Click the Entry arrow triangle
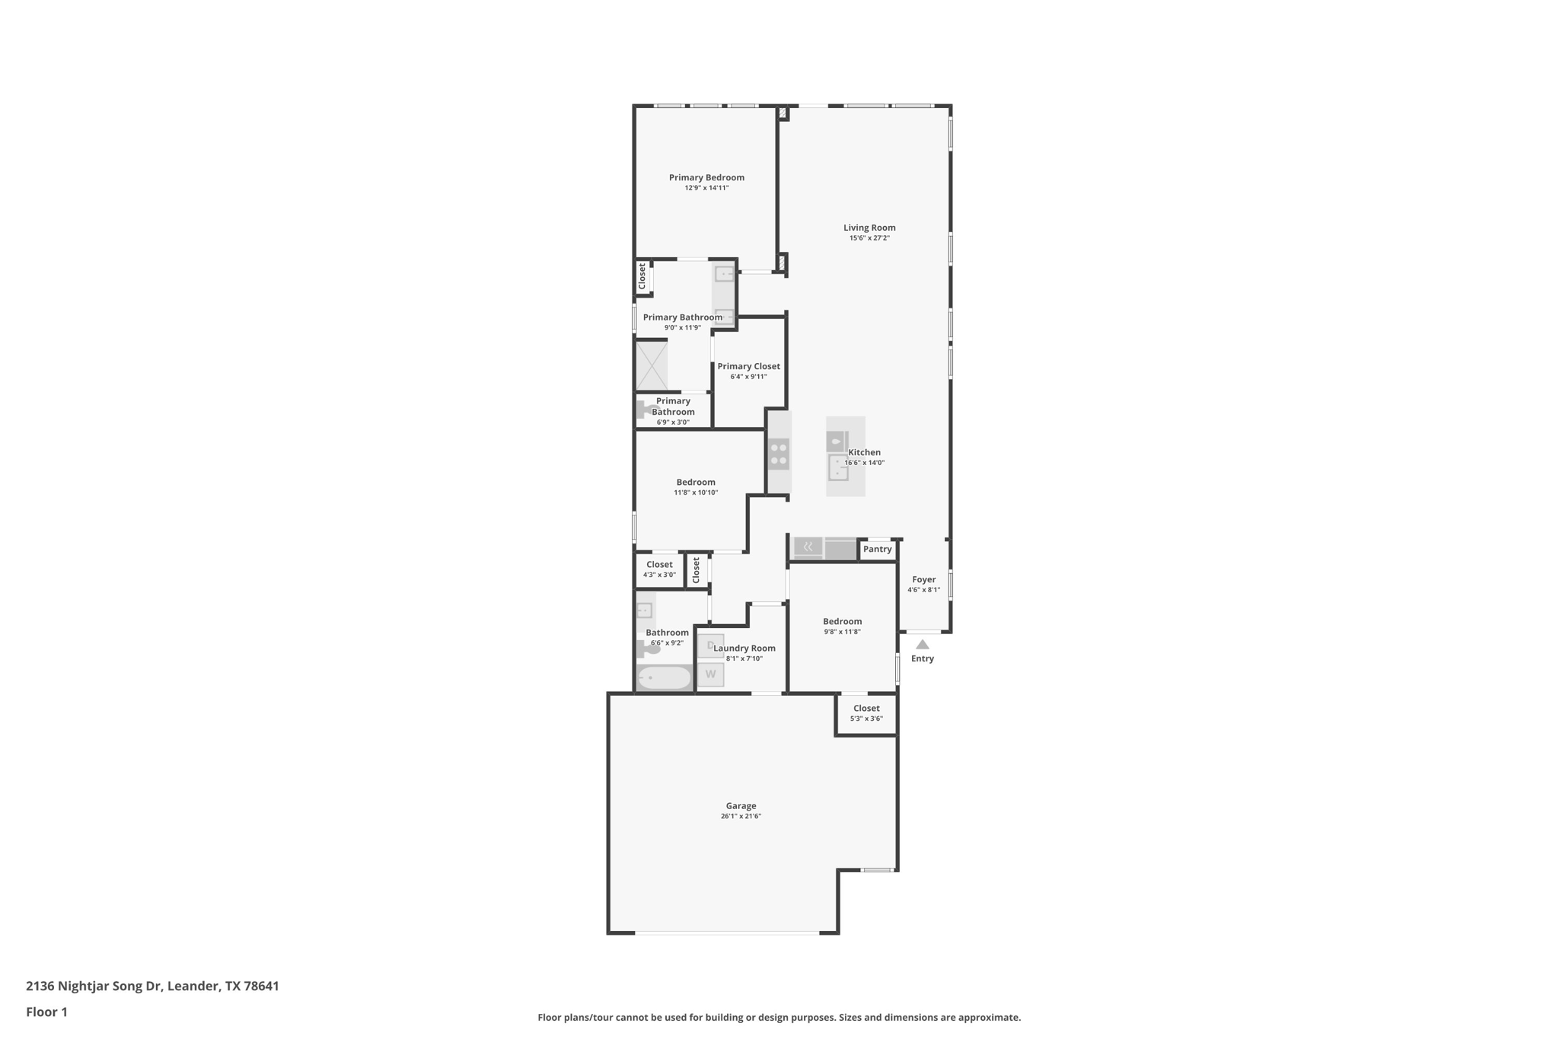922,645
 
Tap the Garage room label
741,806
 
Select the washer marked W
710,674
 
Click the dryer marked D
709,645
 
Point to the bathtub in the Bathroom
664,677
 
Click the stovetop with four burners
778,454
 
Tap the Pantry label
877,550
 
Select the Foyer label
923,580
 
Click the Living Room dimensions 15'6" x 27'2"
869,238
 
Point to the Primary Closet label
748,367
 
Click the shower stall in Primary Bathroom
652,366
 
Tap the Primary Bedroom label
706,178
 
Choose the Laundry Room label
744,649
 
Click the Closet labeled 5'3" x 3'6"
866,713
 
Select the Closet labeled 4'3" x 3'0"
659,569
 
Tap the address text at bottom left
152,986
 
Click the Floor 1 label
46,1012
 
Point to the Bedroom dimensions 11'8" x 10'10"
696,492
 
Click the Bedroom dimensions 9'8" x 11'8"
842,632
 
